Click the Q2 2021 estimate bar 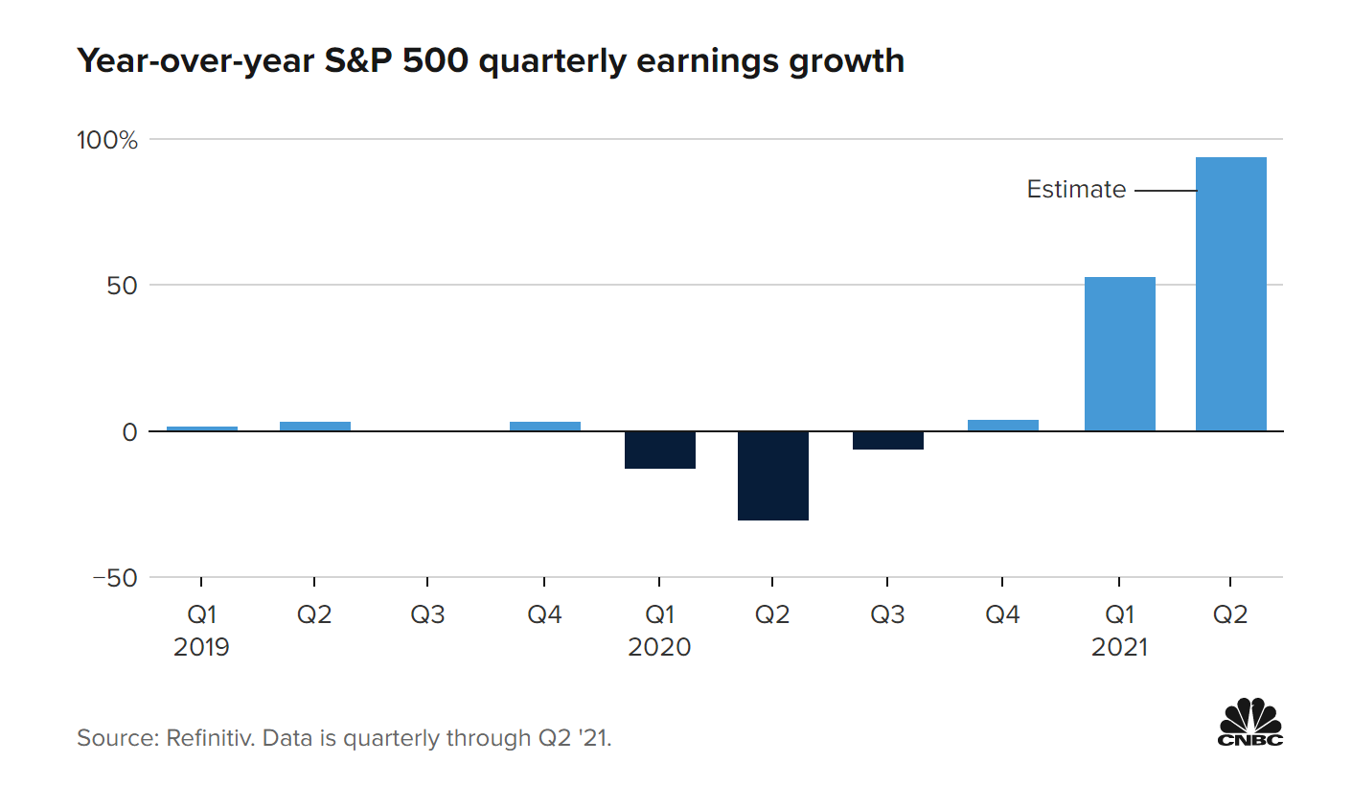(x=1230, y=293)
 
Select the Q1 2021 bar (x=1119, y=354)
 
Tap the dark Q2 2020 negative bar (x=772, y=475)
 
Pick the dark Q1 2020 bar (x=659, y=450)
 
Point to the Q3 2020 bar (x=887, y=440)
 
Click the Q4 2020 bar (x=1002, y=426)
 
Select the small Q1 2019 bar (x=201, y=428)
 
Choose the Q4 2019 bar (x=544, y=427)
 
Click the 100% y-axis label (x=106, y=140)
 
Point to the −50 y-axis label (x=115, y=578)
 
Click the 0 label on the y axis (x=129, y=432)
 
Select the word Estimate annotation (x=1076, y=190)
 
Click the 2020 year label (x=659, y=648)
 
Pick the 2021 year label (x=1119, y=648)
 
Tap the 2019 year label (x=201, y=648)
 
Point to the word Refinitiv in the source (x=208, y=739)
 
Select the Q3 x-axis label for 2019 (x=427, y=614)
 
